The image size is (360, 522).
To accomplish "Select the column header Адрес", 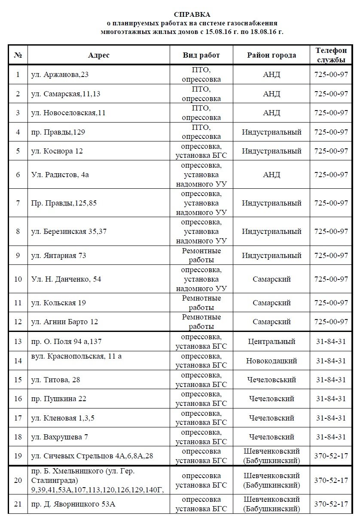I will (x=99, y=55).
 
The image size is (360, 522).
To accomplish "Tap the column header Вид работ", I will (x=201, y=55).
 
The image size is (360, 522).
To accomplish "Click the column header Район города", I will (x=271, y=55).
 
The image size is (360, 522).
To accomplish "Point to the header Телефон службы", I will (x=331, y=55).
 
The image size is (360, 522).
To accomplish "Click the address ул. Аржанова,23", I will (x=60, y=74).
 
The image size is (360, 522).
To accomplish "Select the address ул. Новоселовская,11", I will (x=68, y=113).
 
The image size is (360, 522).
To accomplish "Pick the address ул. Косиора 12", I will (x=57, y=151).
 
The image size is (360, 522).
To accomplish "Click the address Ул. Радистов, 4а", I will (x=60, y=175).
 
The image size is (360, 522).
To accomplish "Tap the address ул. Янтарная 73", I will (x=59, y=255).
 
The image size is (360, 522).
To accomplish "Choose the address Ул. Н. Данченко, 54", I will (x=67, y=279).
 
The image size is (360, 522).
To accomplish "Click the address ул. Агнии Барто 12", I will (x=65, y=322).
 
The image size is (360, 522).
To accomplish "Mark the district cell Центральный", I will (x=272, y=342).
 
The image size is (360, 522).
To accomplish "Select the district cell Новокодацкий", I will (x=272, y=360).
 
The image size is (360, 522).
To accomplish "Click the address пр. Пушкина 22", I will (x=59, y=399).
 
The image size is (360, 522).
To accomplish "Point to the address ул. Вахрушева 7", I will (x=60, y=437).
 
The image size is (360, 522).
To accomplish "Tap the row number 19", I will (x=18, y=456).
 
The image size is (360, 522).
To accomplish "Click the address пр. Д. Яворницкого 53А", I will (x=73, y=504).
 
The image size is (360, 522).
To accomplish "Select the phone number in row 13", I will (x=331, y=342).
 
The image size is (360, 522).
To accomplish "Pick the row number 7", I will (x=18, y=203).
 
